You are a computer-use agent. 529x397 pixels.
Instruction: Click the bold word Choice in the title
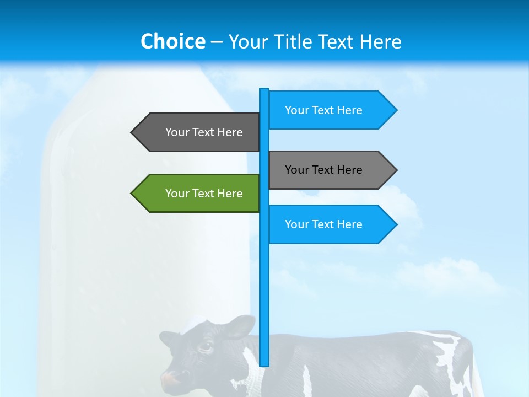172,41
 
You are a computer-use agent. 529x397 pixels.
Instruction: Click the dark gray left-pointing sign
198,132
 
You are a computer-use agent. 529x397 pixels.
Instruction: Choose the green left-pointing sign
198,193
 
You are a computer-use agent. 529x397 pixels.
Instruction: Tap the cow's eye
205,347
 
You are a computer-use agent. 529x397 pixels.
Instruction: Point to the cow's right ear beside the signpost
241,328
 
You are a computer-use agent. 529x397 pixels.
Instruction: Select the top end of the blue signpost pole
264,90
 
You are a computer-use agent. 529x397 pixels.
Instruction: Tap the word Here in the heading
380,41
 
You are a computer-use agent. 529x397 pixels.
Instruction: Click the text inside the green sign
204,194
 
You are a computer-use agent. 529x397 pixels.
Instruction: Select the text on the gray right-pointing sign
323,170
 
